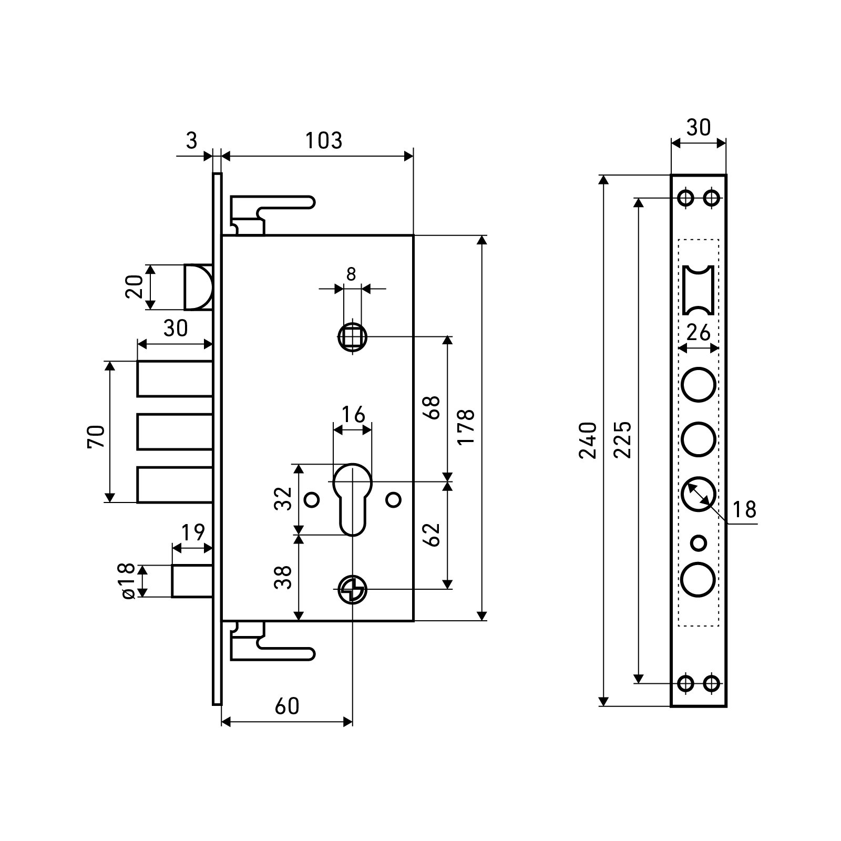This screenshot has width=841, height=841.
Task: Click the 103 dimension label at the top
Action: click(x=324, y=141)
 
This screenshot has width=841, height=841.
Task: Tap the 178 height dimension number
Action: click(x=466, y=426)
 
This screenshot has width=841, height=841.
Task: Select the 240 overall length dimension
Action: click(x=588, y=440)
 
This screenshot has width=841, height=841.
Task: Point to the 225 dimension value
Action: click(x=623, y=440)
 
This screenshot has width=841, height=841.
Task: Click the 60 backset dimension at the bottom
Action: click(x=287, y=706)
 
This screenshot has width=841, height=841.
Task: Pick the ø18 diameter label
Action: click(x=128, y=581)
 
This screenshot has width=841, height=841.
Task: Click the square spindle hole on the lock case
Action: click(x=352, y=337)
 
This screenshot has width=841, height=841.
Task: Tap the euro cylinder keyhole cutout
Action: click(x=352, y=497)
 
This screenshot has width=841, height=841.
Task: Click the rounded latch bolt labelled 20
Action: click(x=199, y=287)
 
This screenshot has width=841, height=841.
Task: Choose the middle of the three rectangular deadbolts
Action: click(x=175, y=432)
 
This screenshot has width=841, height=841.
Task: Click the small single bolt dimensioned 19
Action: click(x=192, y=581)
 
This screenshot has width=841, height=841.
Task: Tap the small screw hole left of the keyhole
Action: click(x=312, y=499)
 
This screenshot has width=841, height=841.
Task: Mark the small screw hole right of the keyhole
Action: click(x=393, y=499)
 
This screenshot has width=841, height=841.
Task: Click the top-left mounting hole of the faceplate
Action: click(x=685, y=198)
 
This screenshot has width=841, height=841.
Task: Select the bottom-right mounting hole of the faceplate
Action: click(x=712, y=683)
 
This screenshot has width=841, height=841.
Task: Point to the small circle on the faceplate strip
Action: click(x=699, y=542)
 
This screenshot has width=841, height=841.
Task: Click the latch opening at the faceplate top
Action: click(x=699, y=290)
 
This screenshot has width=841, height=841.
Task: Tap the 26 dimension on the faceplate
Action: click(x=699, y=333)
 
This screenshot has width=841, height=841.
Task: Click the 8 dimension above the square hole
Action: click(x=352, y=274)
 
